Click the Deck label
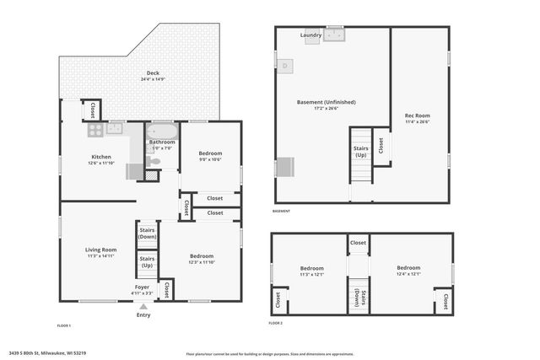[x=153, y=73]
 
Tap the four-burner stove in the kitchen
[x=94, y=130]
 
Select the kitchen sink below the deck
[x=115, y=129]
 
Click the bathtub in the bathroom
[x=162, y=131]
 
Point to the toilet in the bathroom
[x=153, y=161]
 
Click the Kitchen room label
[x=101, y=157]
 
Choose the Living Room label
[x=100, y=250]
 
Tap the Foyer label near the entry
[x=143, y=287]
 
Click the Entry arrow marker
[x=143, y=307]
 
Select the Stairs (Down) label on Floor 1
[x=147, y=234]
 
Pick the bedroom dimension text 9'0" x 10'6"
[x=210, y=159]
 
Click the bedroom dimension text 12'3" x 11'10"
[x=201, y=262]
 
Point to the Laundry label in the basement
[x=310, y=35]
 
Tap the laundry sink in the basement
[x=336, y=35]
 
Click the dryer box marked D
[x=285, y=65]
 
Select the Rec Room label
[x=417, y=116]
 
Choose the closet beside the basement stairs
[x=381, y=146]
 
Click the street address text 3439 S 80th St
[x=47, y=353]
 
